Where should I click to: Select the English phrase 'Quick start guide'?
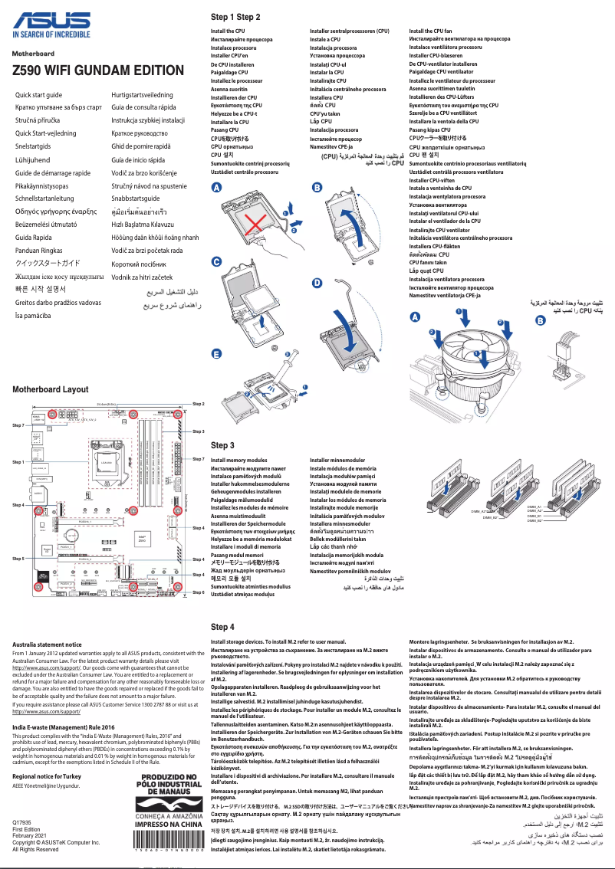point(39,94)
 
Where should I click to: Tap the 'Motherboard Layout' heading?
point(51,389)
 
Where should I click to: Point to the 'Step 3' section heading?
point(222,445)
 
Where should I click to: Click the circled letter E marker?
point(216,354)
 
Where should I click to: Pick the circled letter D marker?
point(317,284)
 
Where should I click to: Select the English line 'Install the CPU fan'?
point(431,31)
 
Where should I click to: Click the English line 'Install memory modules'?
point(239,460)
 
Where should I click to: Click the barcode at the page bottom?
point(168,851)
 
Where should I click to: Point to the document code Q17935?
point(22,823)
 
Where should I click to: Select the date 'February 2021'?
point(30,836)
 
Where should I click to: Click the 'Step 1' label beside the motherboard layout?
point(18,463)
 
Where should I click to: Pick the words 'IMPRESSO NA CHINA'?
point(168,825)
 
